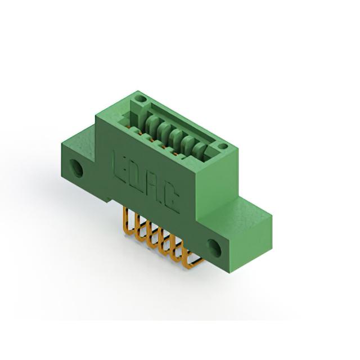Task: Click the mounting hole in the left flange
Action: tap(76, 169)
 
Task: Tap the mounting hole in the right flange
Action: tap(214, 247)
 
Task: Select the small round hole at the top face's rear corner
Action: tap(141, 99)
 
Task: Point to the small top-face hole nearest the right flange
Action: tap(222, 146)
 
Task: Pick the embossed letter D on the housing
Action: tap(136, 177)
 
